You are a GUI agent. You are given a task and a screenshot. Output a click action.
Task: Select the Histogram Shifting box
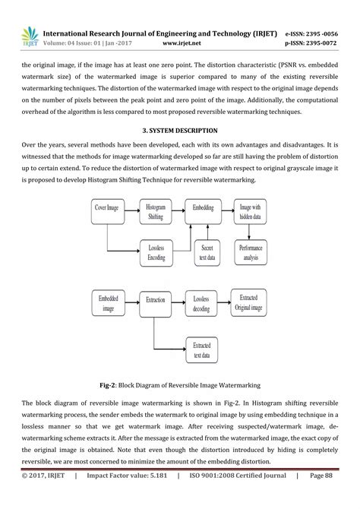point(156,210)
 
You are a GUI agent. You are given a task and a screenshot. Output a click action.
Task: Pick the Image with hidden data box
point(251,210)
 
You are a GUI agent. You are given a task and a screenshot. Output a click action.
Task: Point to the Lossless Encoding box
point(156,252)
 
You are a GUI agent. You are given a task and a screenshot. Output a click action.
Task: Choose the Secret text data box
point(206,252)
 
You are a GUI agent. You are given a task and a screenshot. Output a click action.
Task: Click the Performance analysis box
point(251,252)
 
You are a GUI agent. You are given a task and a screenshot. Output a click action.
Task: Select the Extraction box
point(155,301)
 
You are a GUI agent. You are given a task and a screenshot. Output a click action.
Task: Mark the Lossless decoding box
point(204,303)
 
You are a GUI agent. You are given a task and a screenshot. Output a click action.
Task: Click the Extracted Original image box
point(251,302)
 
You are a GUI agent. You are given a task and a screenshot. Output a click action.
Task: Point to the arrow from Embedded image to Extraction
point(131,301)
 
